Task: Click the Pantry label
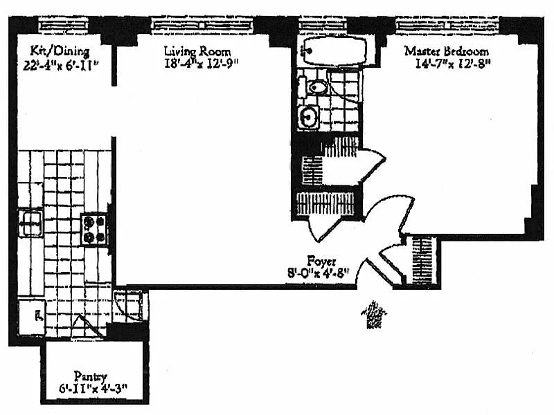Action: [90, 377]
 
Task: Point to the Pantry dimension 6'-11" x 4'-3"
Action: [90, 389]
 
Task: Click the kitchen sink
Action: [30, 223]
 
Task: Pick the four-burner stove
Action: [93, 229]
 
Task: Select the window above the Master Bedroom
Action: [447, 24]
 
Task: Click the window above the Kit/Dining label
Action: [61, 24]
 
